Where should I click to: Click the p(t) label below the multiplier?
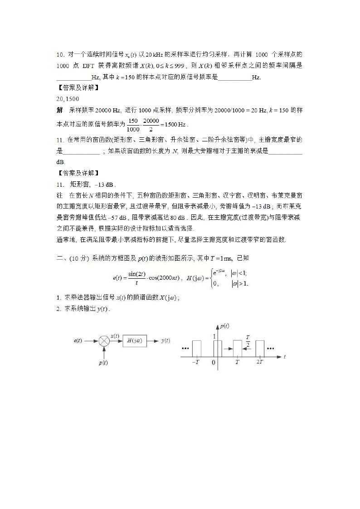103,363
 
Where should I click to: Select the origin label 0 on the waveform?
214,363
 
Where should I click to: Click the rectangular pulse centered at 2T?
260,349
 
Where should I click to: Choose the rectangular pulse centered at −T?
196,349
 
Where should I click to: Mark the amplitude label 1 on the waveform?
214,336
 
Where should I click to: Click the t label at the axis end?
285,357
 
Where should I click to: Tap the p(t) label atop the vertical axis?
224,326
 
